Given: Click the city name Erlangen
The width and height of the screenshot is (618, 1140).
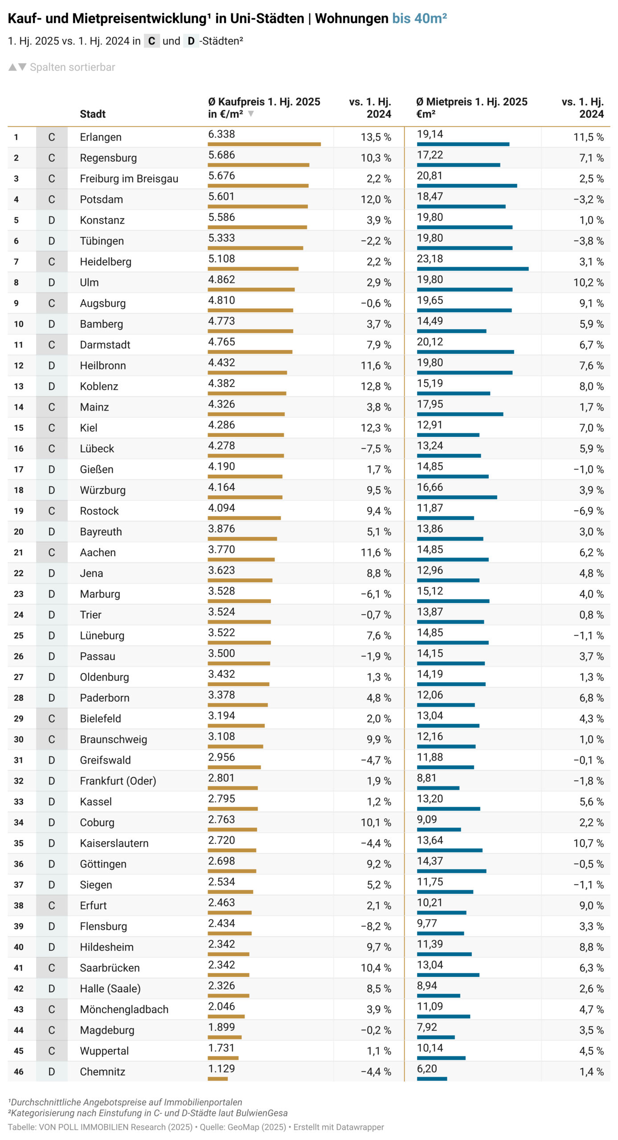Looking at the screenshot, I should click(100, 137).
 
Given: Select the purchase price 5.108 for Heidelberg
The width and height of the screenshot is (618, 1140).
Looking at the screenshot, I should click(221, 259).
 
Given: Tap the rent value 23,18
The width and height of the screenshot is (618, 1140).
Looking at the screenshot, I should click(430, 259).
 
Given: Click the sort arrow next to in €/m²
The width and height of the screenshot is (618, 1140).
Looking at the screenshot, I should click(251, 114).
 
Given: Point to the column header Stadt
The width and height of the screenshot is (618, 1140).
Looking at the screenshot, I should click(92, 114).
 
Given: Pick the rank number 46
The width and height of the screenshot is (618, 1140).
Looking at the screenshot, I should click(18, 1072).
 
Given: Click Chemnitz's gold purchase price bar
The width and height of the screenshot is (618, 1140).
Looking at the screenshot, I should click(217, 1079).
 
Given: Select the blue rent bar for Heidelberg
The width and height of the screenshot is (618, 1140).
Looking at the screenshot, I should click(472, 269).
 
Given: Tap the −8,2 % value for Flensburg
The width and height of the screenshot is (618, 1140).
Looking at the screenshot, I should click(376, 926).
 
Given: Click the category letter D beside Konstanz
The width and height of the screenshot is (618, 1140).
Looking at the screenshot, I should click(52, 220).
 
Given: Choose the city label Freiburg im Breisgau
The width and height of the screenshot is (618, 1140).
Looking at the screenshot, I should click(129, 179).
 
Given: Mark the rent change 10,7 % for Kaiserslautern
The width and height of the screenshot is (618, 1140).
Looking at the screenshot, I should click(588, 843).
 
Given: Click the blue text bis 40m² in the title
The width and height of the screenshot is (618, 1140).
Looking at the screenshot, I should click(419, 18).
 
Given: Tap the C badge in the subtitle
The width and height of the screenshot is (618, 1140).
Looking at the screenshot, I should click(151, 41).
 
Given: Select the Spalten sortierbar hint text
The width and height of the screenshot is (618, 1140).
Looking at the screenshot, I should click(72, 67).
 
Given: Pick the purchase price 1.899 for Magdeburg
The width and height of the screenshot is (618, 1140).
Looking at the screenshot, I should click(221, 1027).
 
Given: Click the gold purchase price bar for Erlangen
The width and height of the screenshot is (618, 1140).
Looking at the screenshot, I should click(264, 144).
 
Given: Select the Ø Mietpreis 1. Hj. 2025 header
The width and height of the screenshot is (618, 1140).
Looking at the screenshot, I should click(471, 102).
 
